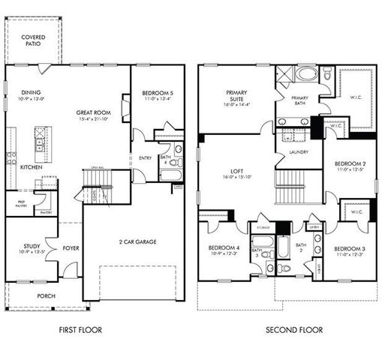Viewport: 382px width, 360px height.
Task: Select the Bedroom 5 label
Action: point(157,93)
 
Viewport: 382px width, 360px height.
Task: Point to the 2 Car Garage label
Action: point(132,241)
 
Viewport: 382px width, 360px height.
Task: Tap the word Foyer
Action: point(71,247)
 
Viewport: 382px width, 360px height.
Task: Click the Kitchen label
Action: point(31,166)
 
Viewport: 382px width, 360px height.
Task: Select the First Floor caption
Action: point(81,329)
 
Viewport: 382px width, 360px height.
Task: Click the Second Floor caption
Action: point(295,329)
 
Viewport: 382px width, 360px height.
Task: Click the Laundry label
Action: point(298,152)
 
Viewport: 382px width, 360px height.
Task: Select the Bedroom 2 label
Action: point(350,163)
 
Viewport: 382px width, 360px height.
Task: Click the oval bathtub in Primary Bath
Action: point(306,75)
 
